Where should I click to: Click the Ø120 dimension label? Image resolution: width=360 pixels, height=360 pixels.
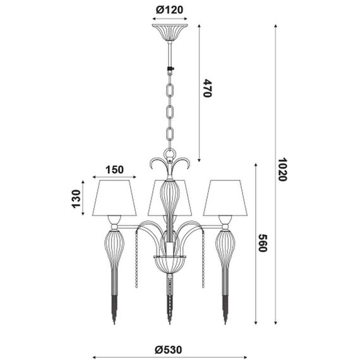(169, 10)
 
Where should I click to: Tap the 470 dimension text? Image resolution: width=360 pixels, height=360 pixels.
(207, 88)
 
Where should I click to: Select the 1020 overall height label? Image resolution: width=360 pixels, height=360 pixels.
(282, 169)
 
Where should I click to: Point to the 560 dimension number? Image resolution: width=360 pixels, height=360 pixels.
(262, 243)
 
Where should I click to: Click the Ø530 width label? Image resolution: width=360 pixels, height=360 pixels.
(169, 350)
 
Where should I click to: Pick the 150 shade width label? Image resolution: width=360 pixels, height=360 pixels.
(114, 170)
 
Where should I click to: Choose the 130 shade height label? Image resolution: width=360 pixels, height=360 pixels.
(76, 199)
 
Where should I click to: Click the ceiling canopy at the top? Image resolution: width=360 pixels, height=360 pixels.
(170, 32)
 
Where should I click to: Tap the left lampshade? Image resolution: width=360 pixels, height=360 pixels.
(114, 198)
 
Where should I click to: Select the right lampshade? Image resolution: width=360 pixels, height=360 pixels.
(225, 198)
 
